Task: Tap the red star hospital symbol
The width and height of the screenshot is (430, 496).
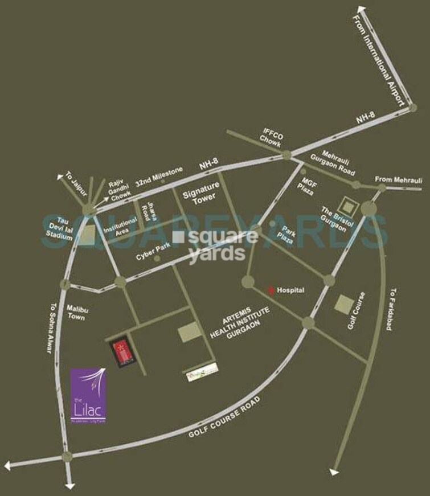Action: pos(272,290)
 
